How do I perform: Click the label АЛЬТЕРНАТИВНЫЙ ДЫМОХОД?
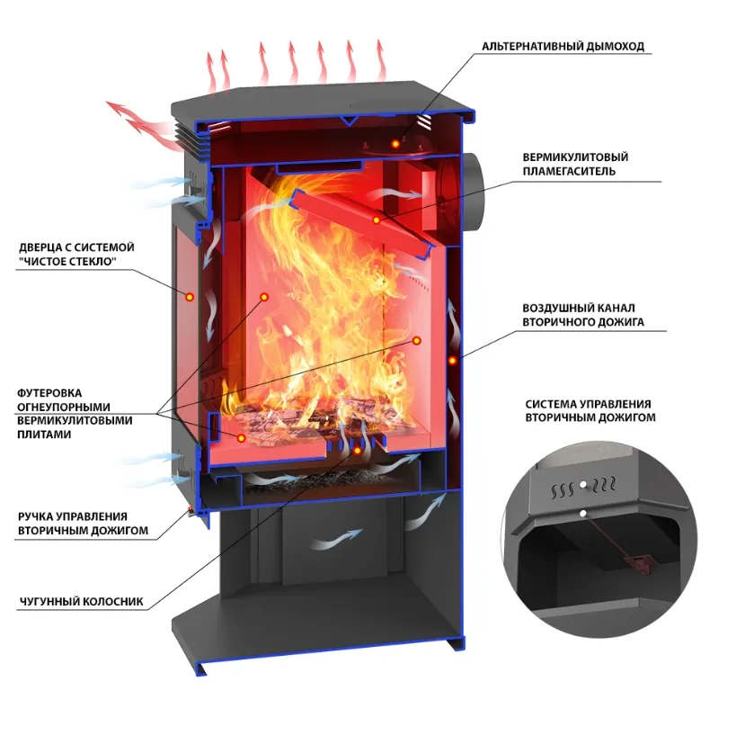(x=563, y=46)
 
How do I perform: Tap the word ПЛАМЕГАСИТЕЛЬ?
(x=569, y=171)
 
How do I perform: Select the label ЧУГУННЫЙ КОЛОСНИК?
(x=81, y=602)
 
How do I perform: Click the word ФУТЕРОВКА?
(x=49, y=393)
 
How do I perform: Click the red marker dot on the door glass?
(x=190, y=297)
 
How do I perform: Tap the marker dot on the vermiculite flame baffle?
(x=377, y=220)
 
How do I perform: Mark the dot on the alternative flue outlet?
(x=395, y=143)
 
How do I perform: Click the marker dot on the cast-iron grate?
(x=357, y=451)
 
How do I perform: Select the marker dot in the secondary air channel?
(x=453, y=361)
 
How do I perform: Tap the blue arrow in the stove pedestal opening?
(x=337, y=539)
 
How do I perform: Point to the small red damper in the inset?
(x=638, y=561)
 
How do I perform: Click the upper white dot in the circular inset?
(x=583, y=485)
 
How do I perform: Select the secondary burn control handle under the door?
(x=191, y=512)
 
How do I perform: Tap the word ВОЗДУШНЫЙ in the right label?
(x=555, y=308)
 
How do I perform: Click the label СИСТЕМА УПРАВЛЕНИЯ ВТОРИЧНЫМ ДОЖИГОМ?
(x=590, y=411)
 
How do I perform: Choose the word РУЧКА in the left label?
(x=35, y=516)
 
